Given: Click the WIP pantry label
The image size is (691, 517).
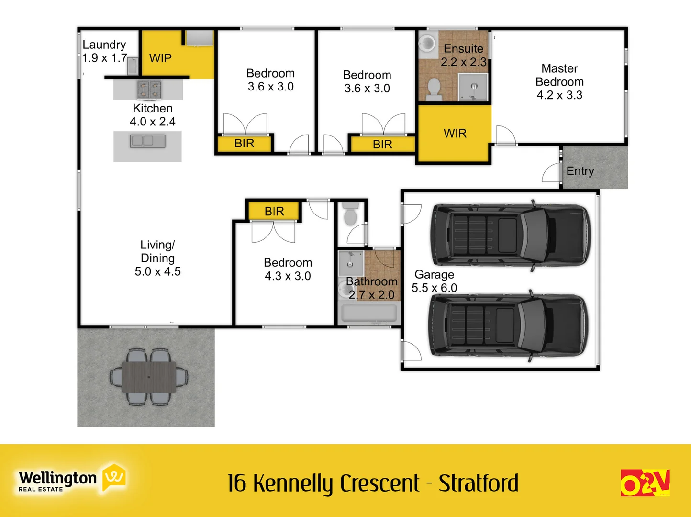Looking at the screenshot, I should (x=160, y=58).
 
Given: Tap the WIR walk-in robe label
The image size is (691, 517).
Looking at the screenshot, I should (x=455, y=134).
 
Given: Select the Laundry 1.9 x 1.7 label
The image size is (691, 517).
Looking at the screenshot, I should (x=104, y=51).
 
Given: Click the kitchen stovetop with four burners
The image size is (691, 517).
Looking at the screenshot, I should (x=149, y=89).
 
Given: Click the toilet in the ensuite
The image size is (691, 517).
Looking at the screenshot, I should (x=434, y=89).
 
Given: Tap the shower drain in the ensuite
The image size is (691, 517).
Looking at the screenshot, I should (x=474, y=87).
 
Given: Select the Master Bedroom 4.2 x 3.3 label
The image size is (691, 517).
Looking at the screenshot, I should (x=559, y=82).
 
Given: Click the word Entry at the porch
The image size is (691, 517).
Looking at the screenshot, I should (x=580, y=171).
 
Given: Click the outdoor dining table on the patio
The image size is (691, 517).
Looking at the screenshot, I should (x=148, y=377).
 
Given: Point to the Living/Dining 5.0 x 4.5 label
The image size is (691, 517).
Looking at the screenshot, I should (x=157, y=258).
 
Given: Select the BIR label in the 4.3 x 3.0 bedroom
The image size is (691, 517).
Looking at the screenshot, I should (x=274, y=211).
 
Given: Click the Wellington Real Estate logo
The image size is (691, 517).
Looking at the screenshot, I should (x=72, y=479).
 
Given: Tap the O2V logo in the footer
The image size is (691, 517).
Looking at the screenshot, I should (x=645, y=483).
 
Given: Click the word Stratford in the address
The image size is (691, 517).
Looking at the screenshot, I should (x=479, y=483).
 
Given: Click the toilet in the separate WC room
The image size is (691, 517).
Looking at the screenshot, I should (x=350, y=215).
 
